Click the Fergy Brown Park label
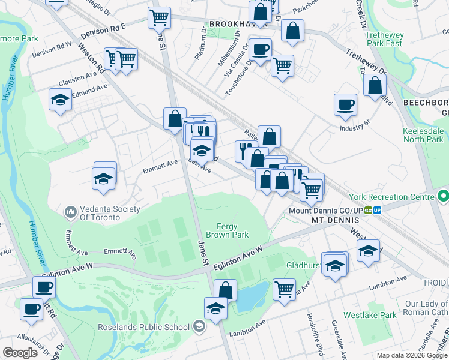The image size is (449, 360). [x=228, y=230]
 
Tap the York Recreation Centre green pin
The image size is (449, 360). [x=443, y=196]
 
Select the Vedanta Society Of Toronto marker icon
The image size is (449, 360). [x=71, y=212]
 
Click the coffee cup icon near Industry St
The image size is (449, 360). [x=346, y=104]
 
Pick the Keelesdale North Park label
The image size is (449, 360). [x=423, y=134]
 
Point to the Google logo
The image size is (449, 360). [x=20, y=352]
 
